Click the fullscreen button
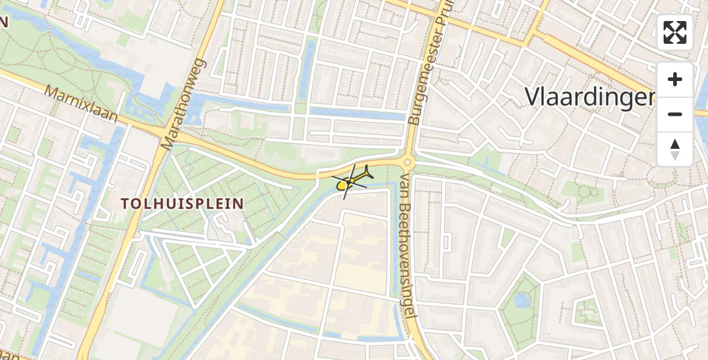pos(675,32)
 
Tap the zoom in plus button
pos(675,79)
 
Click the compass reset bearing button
pos(675,149)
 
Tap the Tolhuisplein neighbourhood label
pos(183,204)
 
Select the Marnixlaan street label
pos(81,103)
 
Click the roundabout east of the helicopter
pos(408,162)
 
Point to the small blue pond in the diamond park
pos(522,300)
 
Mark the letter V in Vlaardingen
pos(533,96)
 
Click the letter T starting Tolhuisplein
pos(126,204)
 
